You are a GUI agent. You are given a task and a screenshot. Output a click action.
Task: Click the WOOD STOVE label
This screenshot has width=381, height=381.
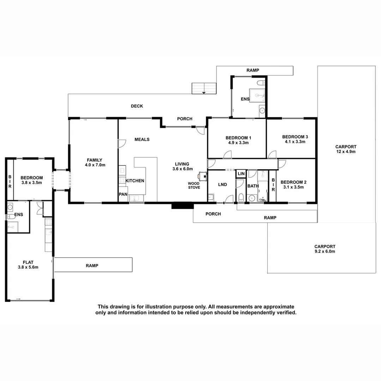pos(194,186)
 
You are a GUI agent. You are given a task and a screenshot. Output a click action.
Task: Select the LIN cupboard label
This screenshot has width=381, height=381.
pos(241,174)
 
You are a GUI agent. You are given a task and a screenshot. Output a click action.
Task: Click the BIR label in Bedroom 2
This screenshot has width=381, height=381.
pos(273,185)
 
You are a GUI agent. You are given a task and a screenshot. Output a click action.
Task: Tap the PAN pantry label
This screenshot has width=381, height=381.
pos(123,194)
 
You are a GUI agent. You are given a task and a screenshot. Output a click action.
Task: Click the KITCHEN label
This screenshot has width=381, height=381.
pos(135,181)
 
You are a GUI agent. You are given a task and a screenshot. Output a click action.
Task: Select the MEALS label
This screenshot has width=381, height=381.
pos(142,139)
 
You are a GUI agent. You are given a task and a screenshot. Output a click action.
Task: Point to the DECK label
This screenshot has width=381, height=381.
pos(137,106)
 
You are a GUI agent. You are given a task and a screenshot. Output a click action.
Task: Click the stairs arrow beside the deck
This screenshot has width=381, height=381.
pos(204,92)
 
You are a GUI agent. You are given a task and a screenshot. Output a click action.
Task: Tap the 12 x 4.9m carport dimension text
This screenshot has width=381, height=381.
pos(346,152)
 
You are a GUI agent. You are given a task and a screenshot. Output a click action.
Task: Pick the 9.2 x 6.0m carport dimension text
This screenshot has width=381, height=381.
pos(325,252)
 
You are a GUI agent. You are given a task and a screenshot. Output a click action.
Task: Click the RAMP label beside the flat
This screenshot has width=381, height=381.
pos(92,266)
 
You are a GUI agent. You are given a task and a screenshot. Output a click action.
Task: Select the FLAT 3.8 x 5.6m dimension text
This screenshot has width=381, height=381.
pos(28,267)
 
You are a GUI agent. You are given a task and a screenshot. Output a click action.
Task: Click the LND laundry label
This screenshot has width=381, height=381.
pos(223,185)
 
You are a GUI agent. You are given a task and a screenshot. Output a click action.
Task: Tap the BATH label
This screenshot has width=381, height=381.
pos(253,186)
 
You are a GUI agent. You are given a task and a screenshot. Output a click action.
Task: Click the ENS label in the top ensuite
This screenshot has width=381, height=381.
pos(245,99)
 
